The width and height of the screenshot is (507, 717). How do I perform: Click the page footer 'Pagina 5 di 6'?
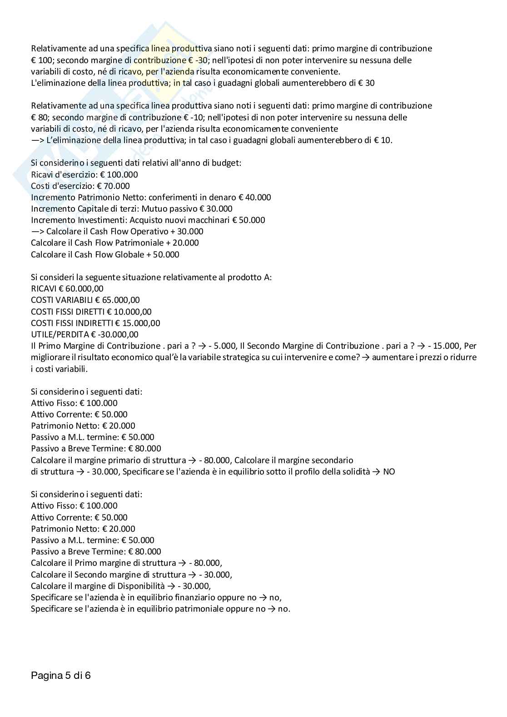coord(61,675)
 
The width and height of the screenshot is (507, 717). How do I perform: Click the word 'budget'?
coord(227,163)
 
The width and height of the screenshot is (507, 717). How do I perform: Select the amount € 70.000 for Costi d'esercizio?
coord(114,186)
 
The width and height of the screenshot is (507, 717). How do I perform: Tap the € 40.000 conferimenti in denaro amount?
coord(255,197)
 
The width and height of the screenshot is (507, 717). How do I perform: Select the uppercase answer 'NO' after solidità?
coord(389,471)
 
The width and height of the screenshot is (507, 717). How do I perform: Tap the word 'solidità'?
coord(355,471)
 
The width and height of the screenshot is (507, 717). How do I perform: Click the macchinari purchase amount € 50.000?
coord(249,220)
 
